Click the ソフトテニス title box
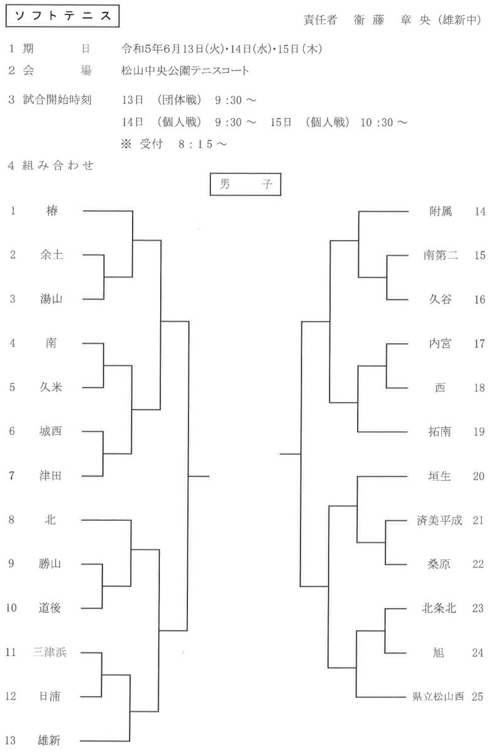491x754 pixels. (62, 16)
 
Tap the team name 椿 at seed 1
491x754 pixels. (52, 210)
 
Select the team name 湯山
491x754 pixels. (51, 299)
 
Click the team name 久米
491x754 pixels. (51, 387)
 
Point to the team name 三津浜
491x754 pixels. (50, 652)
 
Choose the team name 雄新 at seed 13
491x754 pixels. (49, 741)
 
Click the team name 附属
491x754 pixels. (441, 211)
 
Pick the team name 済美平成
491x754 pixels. (439, 520)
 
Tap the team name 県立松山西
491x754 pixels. (438, 696)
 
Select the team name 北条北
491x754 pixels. (439, 608)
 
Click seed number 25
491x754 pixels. (478, 696)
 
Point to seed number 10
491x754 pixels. (11, 608)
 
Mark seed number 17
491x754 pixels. (479, 344)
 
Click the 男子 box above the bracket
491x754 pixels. (245, 184)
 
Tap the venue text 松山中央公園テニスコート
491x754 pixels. (185, 70)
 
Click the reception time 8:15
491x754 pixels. (196, 144)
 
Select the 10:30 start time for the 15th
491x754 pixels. (377, 122)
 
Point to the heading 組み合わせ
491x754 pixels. (58, 165)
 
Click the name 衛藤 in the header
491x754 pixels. (369, 20)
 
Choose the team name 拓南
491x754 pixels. (440, 432)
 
